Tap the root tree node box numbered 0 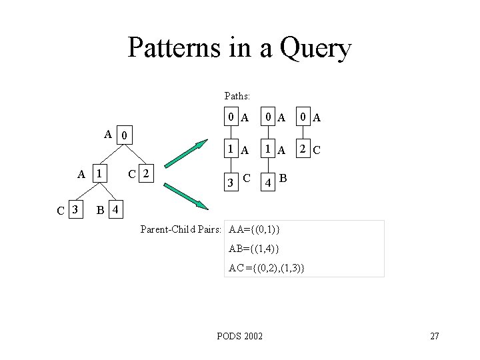point(125,136)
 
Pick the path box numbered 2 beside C point(304,149)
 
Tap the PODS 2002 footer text point(240,335)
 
